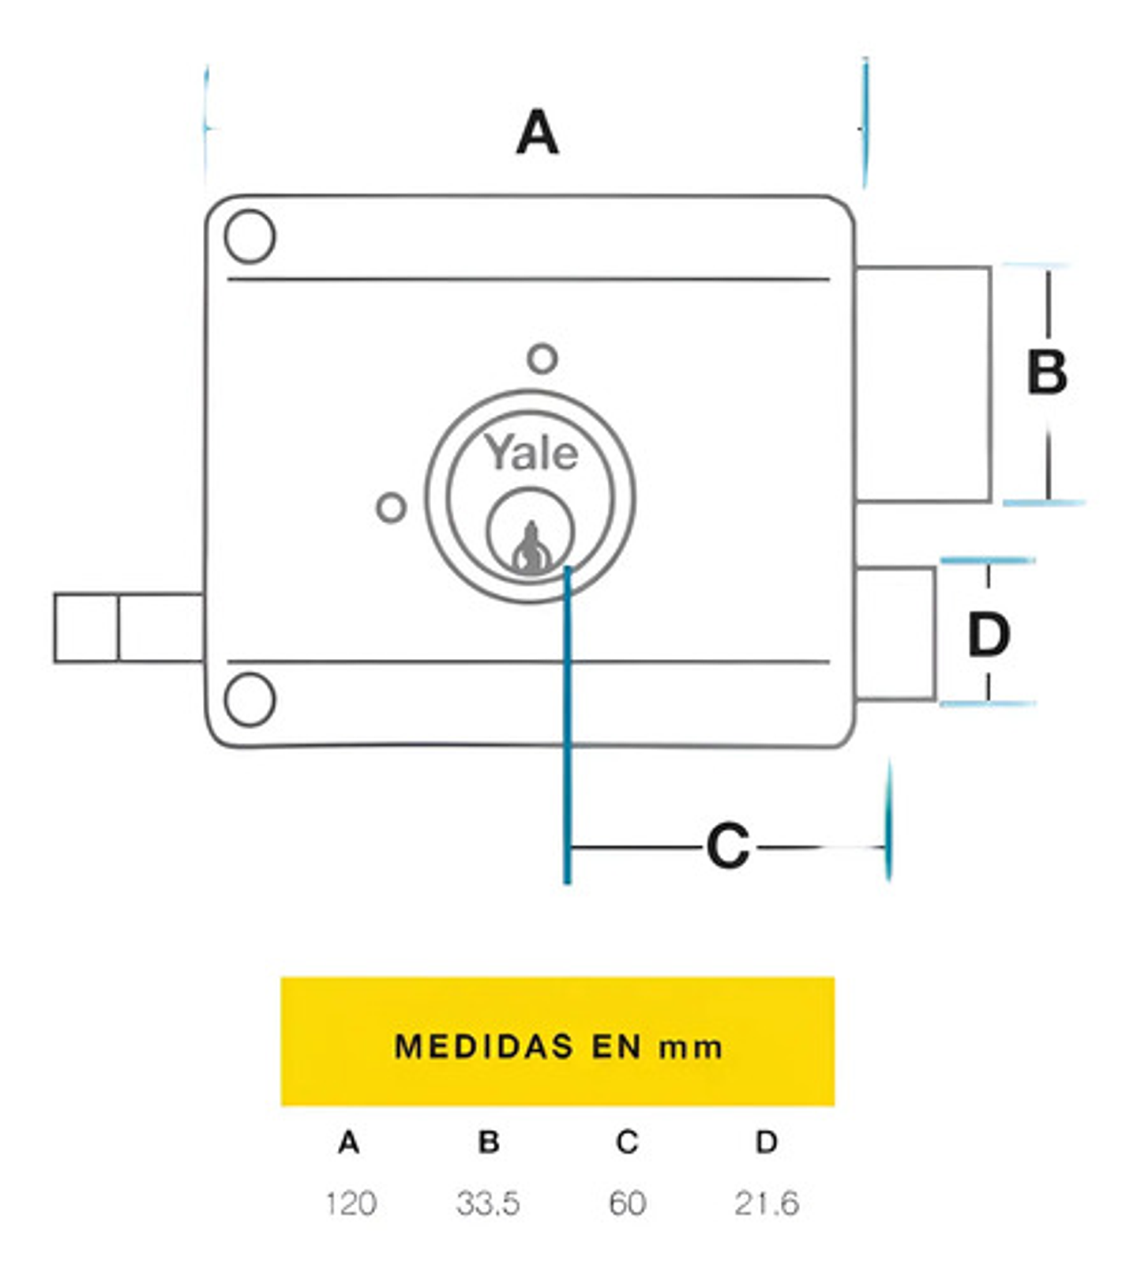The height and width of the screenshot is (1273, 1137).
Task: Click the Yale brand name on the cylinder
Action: [531, 454]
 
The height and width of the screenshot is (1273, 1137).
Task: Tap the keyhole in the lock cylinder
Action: [531, 547]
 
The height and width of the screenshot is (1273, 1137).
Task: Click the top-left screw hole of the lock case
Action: [250, 236]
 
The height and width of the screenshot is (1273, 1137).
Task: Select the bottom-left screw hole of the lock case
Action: [250, 699]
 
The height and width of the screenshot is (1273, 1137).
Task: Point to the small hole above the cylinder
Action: [542, 359]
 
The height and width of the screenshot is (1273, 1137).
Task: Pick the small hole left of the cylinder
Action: [391, 507]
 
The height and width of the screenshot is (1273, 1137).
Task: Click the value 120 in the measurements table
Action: [351, 1203]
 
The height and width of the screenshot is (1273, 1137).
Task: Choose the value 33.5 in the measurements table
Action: [488, 1203]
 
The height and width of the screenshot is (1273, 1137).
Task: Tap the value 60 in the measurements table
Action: [628, 1203]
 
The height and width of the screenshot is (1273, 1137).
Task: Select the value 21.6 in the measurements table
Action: [767, 1203]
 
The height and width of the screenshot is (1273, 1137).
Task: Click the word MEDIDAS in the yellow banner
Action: [483, 1046]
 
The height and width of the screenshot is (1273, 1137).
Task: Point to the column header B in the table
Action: [489, 1142]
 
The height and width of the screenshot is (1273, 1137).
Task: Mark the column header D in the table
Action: [767, 1142]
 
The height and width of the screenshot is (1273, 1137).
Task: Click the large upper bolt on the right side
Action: [922, 384]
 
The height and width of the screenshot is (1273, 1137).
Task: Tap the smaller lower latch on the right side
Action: [895, 633]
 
